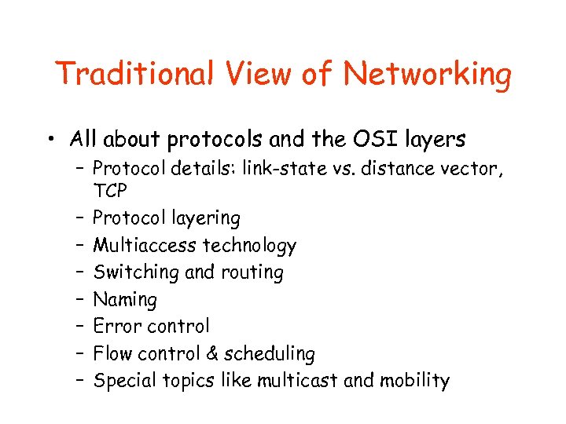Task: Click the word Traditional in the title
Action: (x=134, y=75)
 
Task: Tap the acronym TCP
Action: (x=110, y=191)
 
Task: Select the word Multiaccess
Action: (x=145, y=246)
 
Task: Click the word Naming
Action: (x=125, y=300)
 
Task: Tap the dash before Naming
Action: (x=81, y=300)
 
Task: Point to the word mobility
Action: (x=413, y=381)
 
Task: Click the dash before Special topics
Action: (x=81, y=381)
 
